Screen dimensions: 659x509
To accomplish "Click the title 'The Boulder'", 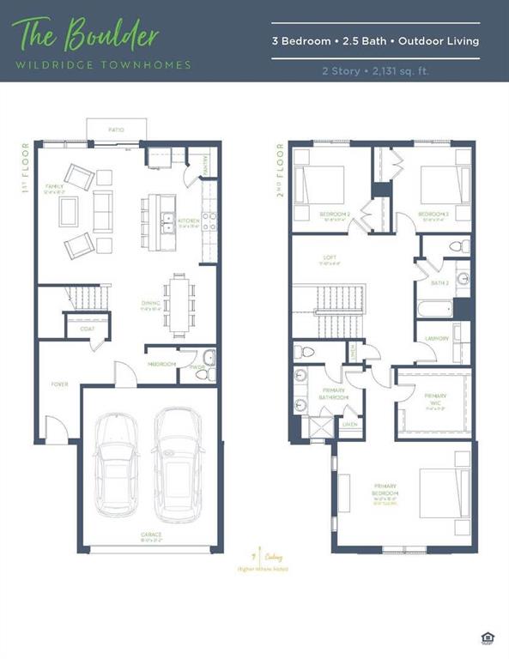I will (x=85, y=35).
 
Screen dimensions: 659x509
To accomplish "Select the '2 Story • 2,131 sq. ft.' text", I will (x=375, y=70).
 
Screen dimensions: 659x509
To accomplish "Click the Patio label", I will (x=116, y=130).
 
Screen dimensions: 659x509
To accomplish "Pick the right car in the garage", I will (x=178, y=460).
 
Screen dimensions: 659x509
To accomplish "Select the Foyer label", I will (x=59, y=384).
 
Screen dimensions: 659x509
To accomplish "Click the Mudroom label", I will (x=162, y=365).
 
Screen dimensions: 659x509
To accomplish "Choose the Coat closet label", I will (x=88, y=327).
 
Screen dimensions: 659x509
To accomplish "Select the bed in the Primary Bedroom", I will (x=445, y=493).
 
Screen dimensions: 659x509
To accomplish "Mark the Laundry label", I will (x=437, y=339).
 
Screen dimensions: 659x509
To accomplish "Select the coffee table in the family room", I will (x=69, y=211).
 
